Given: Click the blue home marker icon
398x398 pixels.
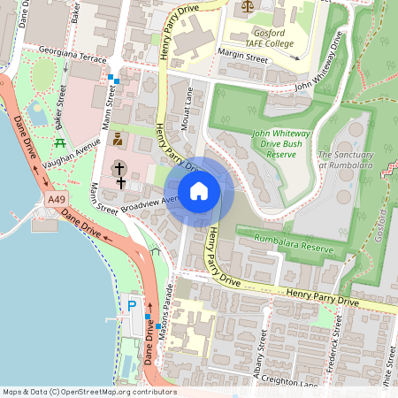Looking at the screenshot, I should pos(199,191).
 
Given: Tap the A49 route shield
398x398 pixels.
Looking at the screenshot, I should pos(55,201).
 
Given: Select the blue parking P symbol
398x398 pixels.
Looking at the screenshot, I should pos(133,306).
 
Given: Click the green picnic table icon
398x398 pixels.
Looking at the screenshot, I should pos(60,142).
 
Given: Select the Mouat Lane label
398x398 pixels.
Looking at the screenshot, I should pos(187,111).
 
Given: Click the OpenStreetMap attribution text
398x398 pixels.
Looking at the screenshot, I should pos(88,392).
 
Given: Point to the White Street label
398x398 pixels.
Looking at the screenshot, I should pos(387,367).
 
